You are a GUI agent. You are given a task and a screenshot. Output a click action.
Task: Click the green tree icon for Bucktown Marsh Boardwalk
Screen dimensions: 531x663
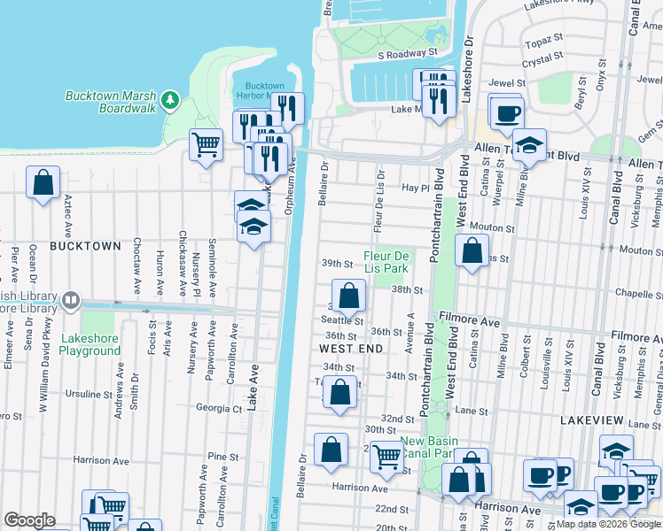click(171, 99)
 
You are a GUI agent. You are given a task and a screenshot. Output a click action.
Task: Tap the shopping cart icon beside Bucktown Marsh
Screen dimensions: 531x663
click(206, 144)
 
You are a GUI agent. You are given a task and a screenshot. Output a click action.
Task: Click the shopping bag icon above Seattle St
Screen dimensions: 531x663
click(349, 296)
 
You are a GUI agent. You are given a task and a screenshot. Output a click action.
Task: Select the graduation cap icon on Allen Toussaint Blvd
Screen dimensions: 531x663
click(528, 145)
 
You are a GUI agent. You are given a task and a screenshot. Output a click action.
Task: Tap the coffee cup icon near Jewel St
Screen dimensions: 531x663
click(506, 112)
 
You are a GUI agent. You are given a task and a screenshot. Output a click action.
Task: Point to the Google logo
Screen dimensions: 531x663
click(29, 520)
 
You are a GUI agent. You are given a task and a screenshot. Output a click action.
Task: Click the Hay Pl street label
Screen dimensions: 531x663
click(415, 189)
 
